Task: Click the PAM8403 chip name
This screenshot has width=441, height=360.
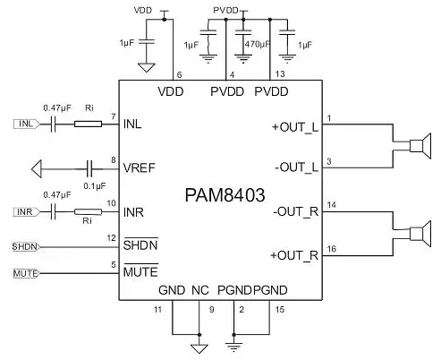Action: pyautogui.click(x=225, y=195)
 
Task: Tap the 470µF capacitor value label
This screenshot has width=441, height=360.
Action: pyautogui.click(x=258, y=45)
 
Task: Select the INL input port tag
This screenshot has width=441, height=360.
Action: pyautogui.click(x=26, y=124)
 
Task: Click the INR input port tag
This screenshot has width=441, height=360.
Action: pyautogui.click(x=26, y=212)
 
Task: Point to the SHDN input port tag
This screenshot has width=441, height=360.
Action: pyautogui.click(x=26, y=247)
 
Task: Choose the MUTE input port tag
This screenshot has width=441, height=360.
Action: pyautogui.click(x=26, y=273)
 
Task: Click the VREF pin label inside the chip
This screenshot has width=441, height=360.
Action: pyautogui.click(x=140, y=168)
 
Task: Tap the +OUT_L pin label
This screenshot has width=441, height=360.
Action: pyautogui.click(x=295, y=127)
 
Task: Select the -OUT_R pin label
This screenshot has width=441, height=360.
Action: pyautogui.click(x=296, y=211)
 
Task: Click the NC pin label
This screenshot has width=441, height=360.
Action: pyautogui.click(x=200, y=290)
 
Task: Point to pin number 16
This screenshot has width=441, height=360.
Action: pyautogui.click(x=332, y=249)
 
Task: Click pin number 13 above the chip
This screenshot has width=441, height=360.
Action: pyautogui.click(x=280, y=73)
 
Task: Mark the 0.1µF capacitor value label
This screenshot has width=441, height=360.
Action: pyautogui.click(x=95, y=186)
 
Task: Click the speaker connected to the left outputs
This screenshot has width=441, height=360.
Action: pyautogui.click(x=420, y=146)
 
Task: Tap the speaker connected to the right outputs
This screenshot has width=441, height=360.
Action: pyautogui.click(x=420, y=234)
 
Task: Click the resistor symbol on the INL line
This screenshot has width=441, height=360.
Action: pyautogui.click(x=88, y=124)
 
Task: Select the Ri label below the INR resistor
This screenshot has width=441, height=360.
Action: pyautogui.click(x=87, y=221)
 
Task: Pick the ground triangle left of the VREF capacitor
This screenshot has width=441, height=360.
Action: pyautogui.click(x=37, y=169)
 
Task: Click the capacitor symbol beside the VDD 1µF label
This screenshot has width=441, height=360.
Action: pyautogui.click(x=147, y=41)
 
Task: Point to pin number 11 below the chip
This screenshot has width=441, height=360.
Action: pyautogui.click(x=157, y=310)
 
